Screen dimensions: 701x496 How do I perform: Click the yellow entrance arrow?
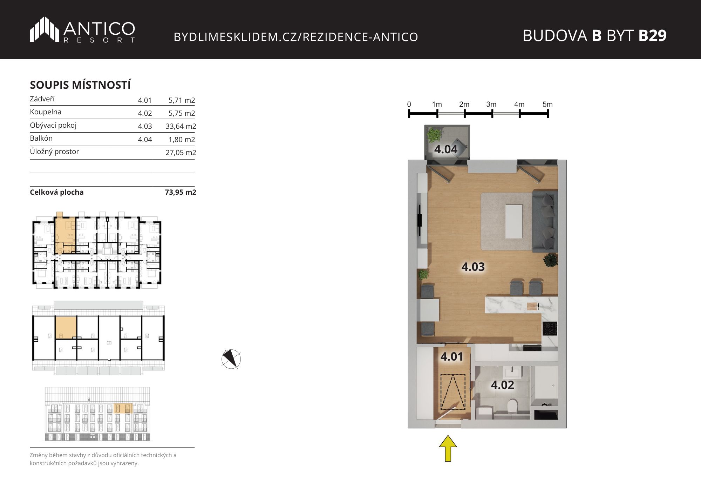[x=448, y=448]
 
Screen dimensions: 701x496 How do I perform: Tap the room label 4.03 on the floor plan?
[x=473, y=267]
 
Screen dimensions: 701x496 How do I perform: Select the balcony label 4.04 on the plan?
[x=446, y=149]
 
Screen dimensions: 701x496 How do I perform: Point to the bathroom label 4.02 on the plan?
[x=502, y=385]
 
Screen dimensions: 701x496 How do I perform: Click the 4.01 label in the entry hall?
[x=452, y=357]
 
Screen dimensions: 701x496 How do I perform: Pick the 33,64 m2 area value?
[x=181, y=126]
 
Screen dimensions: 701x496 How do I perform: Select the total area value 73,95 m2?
[x=181, y=192]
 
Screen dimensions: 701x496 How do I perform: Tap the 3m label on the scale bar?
[x=491, y=105]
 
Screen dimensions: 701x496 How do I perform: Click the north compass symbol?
[x=231, y=359]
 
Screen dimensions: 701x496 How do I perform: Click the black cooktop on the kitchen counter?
[x=550, y=329]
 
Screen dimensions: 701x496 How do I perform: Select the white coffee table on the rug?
[x=514, y=222]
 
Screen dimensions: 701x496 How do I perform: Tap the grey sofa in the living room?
[x=545, y=221]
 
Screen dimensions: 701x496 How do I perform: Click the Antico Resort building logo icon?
[x=44, y=29]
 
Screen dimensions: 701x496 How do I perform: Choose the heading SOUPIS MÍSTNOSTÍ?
[x=80, y=85]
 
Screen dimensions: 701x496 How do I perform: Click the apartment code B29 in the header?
[x=652, y=35]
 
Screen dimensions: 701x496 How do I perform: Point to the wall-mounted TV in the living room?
[x=419, y=220]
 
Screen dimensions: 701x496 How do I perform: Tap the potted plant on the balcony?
[x=434, y=134]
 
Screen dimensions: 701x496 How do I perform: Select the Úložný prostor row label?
[x=54, y=152]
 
